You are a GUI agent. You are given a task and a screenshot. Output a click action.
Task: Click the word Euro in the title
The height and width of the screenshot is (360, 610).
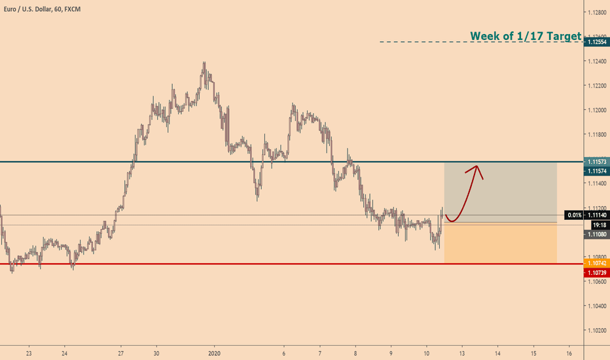pos(10,7)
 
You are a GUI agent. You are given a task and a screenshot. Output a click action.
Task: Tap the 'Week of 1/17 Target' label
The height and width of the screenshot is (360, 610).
pos(526,36)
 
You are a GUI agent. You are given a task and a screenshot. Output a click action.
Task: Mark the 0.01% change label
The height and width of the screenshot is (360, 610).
pos(575,215)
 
